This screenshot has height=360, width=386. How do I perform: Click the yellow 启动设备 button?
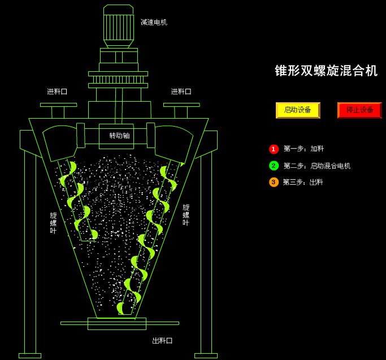pos(298,110)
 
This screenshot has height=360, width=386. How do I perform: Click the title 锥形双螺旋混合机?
pos(326,71)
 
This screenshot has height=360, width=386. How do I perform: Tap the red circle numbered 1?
pos(274,149)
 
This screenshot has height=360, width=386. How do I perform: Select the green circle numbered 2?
pos(274,166)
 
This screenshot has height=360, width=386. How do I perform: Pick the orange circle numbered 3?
pos(274,182)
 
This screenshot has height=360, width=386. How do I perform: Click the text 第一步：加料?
pos(303,149)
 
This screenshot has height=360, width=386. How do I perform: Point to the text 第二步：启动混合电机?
pos(317,166)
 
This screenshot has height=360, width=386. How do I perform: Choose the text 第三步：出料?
pos(303,182)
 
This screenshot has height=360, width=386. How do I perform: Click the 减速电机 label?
pos(154,22)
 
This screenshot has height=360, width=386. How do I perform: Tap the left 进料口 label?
pos(57,91)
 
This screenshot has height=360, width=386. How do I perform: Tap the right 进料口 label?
pos(181,91)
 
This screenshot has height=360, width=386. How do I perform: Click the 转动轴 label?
pos(119,136)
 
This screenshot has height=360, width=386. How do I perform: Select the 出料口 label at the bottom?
pos(162,341)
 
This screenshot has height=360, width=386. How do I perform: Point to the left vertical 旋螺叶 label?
pos(53,223)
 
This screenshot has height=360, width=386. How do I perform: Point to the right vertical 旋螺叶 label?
pos(186,215)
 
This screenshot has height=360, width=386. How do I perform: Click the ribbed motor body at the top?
pos(119,27)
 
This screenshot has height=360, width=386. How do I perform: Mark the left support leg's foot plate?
pos(30,355)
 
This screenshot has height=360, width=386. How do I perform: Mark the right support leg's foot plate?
pos(206,355)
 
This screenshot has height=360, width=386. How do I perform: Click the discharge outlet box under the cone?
pos(117,323)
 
